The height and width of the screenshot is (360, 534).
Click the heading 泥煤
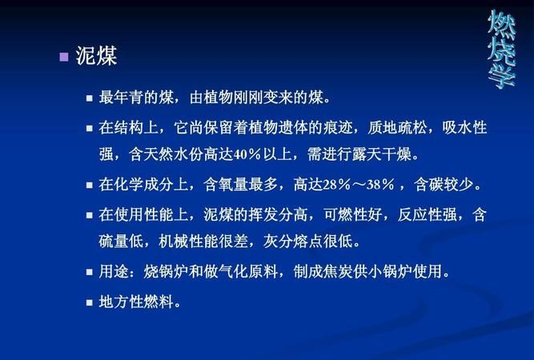(96, 55)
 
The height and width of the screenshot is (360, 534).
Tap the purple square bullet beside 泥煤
(64, 57)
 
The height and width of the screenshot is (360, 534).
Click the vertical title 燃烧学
(501, 49)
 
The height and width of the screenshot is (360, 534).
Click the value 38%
(380, 185)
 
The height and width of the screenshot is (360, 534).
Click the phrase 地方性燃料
(136, 302)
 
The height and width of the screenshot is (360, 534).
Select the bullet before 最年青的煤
(90, 98)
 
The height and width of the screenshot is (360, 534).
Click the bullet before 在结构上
(90, 129)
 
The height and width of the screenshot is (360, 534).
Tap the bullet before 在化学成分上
(90, 186)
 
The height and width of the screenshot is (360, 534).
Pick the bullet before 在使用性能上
(90, 215)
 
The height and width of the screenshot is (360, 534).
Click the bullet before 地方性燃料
(90, 302)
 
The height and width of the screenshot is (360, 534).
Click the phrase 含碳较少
(444, 185)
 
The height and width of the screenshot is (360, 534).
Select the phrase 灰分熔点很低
(308, 242)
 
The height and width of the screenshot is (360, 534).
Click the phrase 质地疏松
(397, 128)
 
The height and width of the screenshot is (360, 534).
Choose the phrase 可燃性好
(352, 214)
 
